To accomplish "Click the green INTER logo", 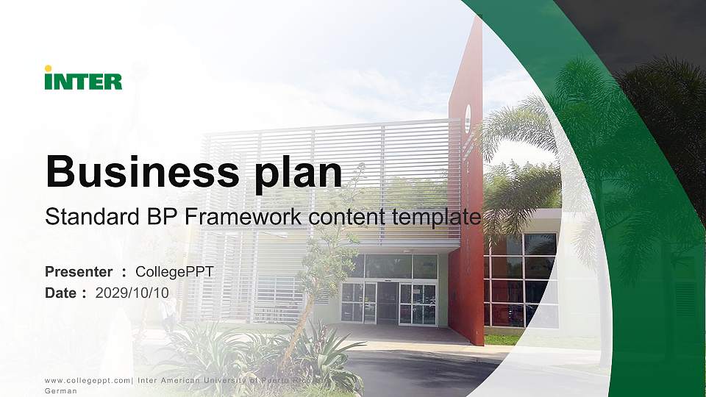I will (83, 81).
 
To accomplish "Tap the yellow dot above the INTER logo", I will (48, 68).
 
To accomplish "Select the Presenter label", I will (79, 272).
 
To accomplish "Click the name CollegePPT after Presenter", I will (174, 272).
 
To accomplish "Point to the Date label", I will (61, 293).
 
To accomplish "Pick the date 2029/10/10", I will (132, 293).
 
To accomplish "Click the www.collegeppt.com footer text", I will (88, 381).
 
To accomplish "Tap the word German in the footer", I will (61, 392).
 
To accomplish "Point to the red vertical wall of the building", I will (466, 221).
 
